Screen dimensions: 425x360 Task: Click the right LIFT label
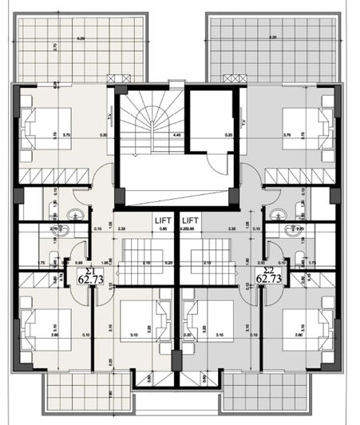click(x=190, y=219)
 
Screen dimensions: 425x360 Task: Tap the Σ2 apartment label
click(x=265, y=269)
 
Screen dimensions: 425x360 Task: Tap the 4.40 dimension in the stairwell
click(x=176, y=136)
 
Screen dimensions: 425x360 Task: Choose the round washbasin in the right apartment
click(x=278, y=213)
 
